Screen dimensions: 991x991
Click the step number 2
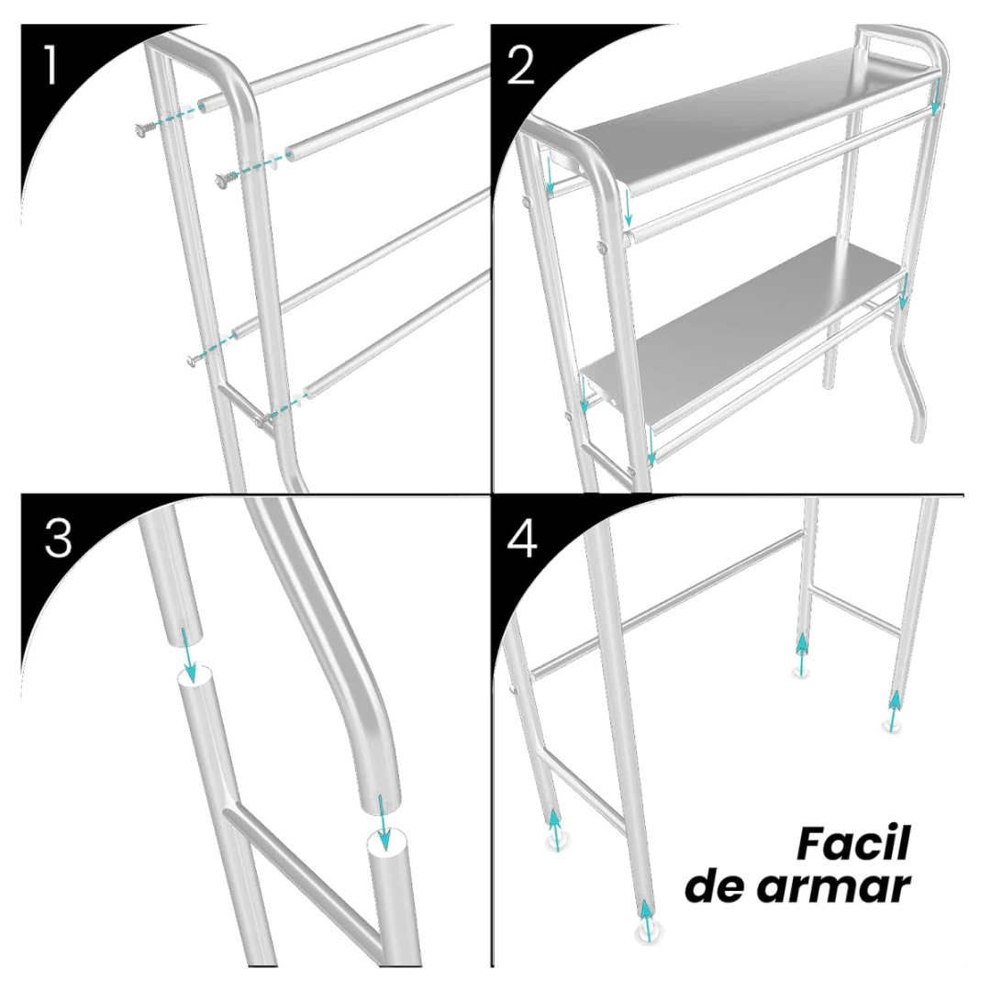pyautogui.click(x=520, y=66)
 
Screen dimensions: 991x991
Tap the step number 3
pyautogui.click(x=58, y=540)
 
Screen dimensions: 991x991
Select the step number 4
pyautogui.click(x=522, y=540)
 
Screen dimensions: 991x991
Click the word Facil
pyautogui.click(x=852, y=843)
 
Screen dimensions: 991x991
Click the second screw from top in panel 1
pyautogui.click(x=222, y=181)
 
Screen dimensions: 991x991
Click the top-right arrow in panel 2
pyautogui.click(x=935, y=96)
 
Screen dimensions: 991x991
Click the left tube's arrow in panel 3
pyautogui.click(x=189, y=653)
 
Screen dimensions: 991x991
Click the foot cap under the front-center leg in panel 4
pyautogui.click(x=647, y=934)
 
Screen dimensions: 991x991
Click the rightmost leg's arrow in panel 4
pyautogui.click(x=894, y=711)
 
